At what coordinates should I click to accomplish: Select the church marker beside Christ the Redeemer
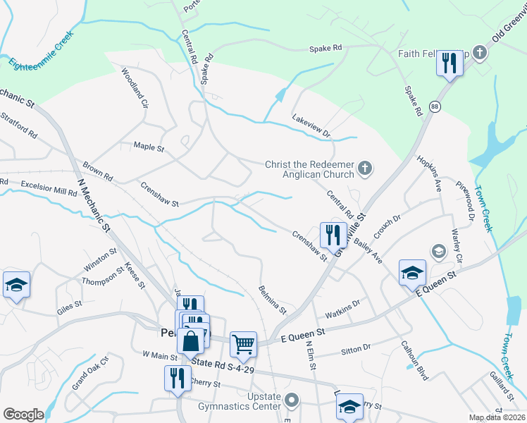pyautogui.click(x=364, y=168)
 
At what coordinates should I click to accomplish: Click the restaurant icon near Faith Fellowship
pyautogui.click(x=448, y=63)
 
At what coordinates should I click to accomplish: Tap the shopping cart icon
pyautogui.click(x=243, y=344)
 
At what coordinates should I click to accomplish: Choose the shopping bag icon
pyautogui.click(x=191, y=342)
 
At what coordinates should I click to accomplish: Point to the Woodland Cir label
pyautogui.click(x=135, y=87)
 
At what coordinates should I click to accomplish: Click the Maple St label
pyautogui.click(x=149, y=148)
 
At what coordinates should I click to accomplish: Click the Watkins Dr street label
pyautogui.click(x=342, y=307)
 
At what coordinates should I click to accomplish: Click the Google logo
pyautogui.click(x=23, y=415)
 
